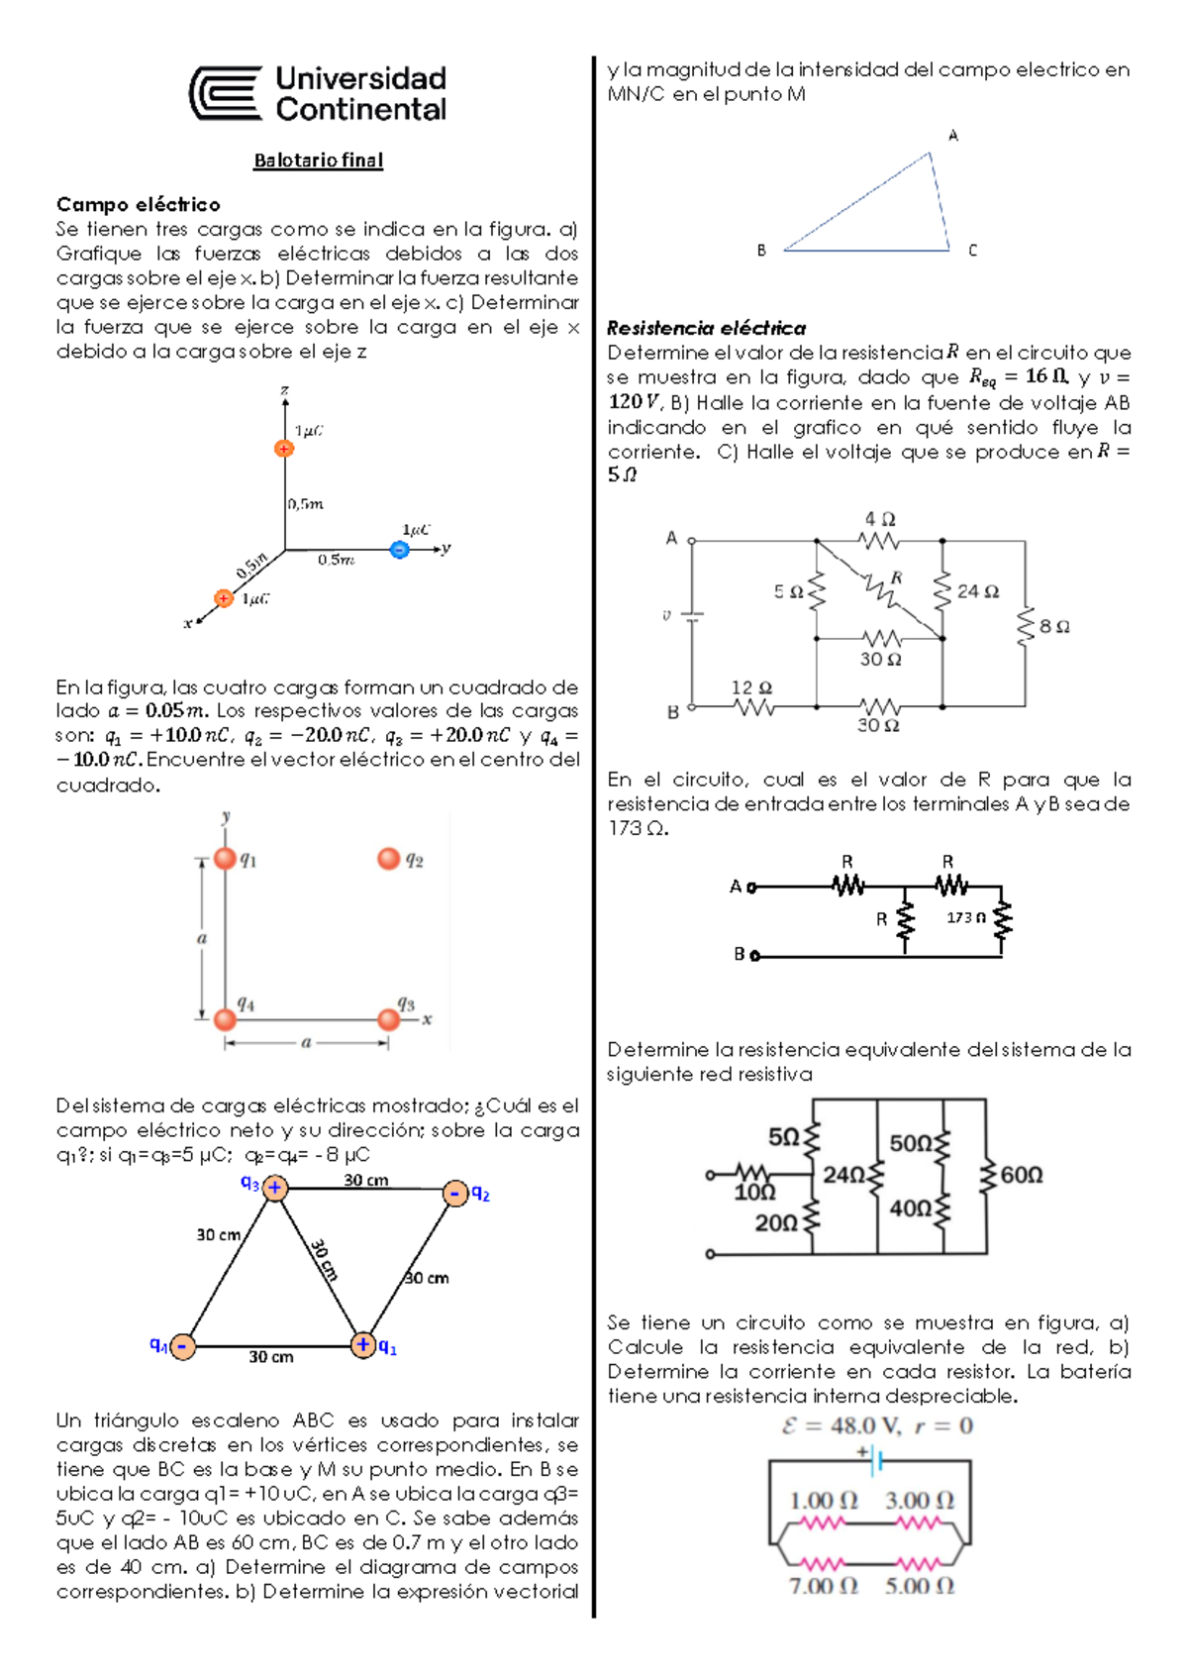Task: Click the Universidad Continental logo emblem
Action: coord(226,94)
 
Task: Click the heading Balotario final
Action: coord(318,160)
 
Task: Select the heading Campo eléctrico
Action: coord(138,204)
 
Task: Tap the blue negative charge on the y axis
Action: coord(399,549)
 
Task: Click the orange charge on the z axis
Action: coord(284,449)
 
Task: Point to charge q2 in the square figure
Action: coord(389,859)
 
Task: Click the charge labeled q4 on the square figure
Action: coord(226,1018)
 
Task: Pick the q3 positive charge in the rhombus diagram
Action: coord(275,1187)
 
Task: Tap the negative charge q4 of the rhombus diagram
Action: coord(183,1346)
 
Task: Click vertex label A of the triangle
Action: coord(953,136)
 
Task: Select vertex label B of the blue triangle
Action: coord(761,251)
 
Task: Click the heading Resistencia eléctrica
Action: coord(706,328)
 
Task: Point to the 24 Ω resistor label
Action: coord(978,591)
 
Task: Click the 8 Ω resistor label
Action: coord(1054,626)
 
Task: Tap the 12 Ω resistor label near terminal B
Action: coord(751,687)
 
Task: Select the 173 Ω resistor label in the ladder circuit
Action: coord(966,917)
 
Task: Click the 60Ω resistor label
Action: coord(1022,1175)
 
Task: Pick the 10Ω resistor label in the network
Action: coord(754,1193)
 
